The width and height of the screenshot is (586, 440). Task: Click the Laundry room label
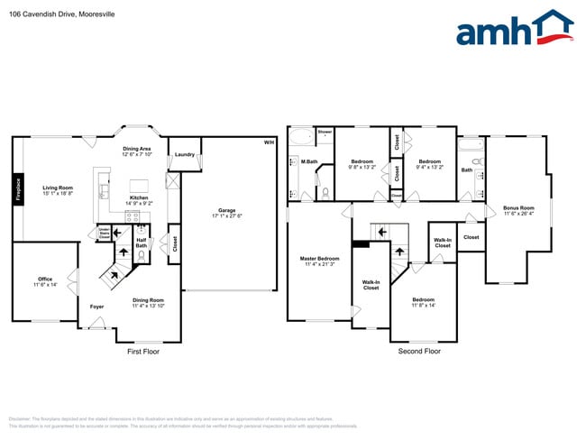click(184, 154)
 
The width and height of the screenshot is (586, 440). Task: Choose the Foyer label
click(96, 307)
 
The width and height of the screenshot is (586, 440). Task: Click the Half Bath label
click(142, 242)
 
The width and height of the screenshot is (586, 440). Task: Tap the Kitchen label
click(139, 197)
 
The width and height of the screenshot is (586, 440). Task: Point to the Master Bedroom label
click(319, 258)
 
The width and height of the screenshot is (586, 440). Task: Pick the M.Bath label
click(309, 161)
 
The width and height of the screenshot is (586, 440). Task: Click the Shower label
click(325, 132)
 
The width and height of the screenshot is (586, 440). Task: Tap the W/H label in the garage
click(268, 143)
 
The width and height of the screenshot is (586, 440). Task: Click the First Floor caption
click(142, 352)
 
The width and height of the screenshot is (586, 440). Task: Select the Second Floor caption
click(419, 352)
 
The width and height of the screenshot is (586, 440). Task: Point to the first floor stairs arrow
click(115, 270)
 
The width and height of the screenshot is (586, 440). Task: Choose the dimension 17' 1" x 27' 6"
click(226, 215)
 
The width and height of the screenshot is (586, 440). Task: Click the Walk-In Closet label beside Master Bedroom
click(371, 286)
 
